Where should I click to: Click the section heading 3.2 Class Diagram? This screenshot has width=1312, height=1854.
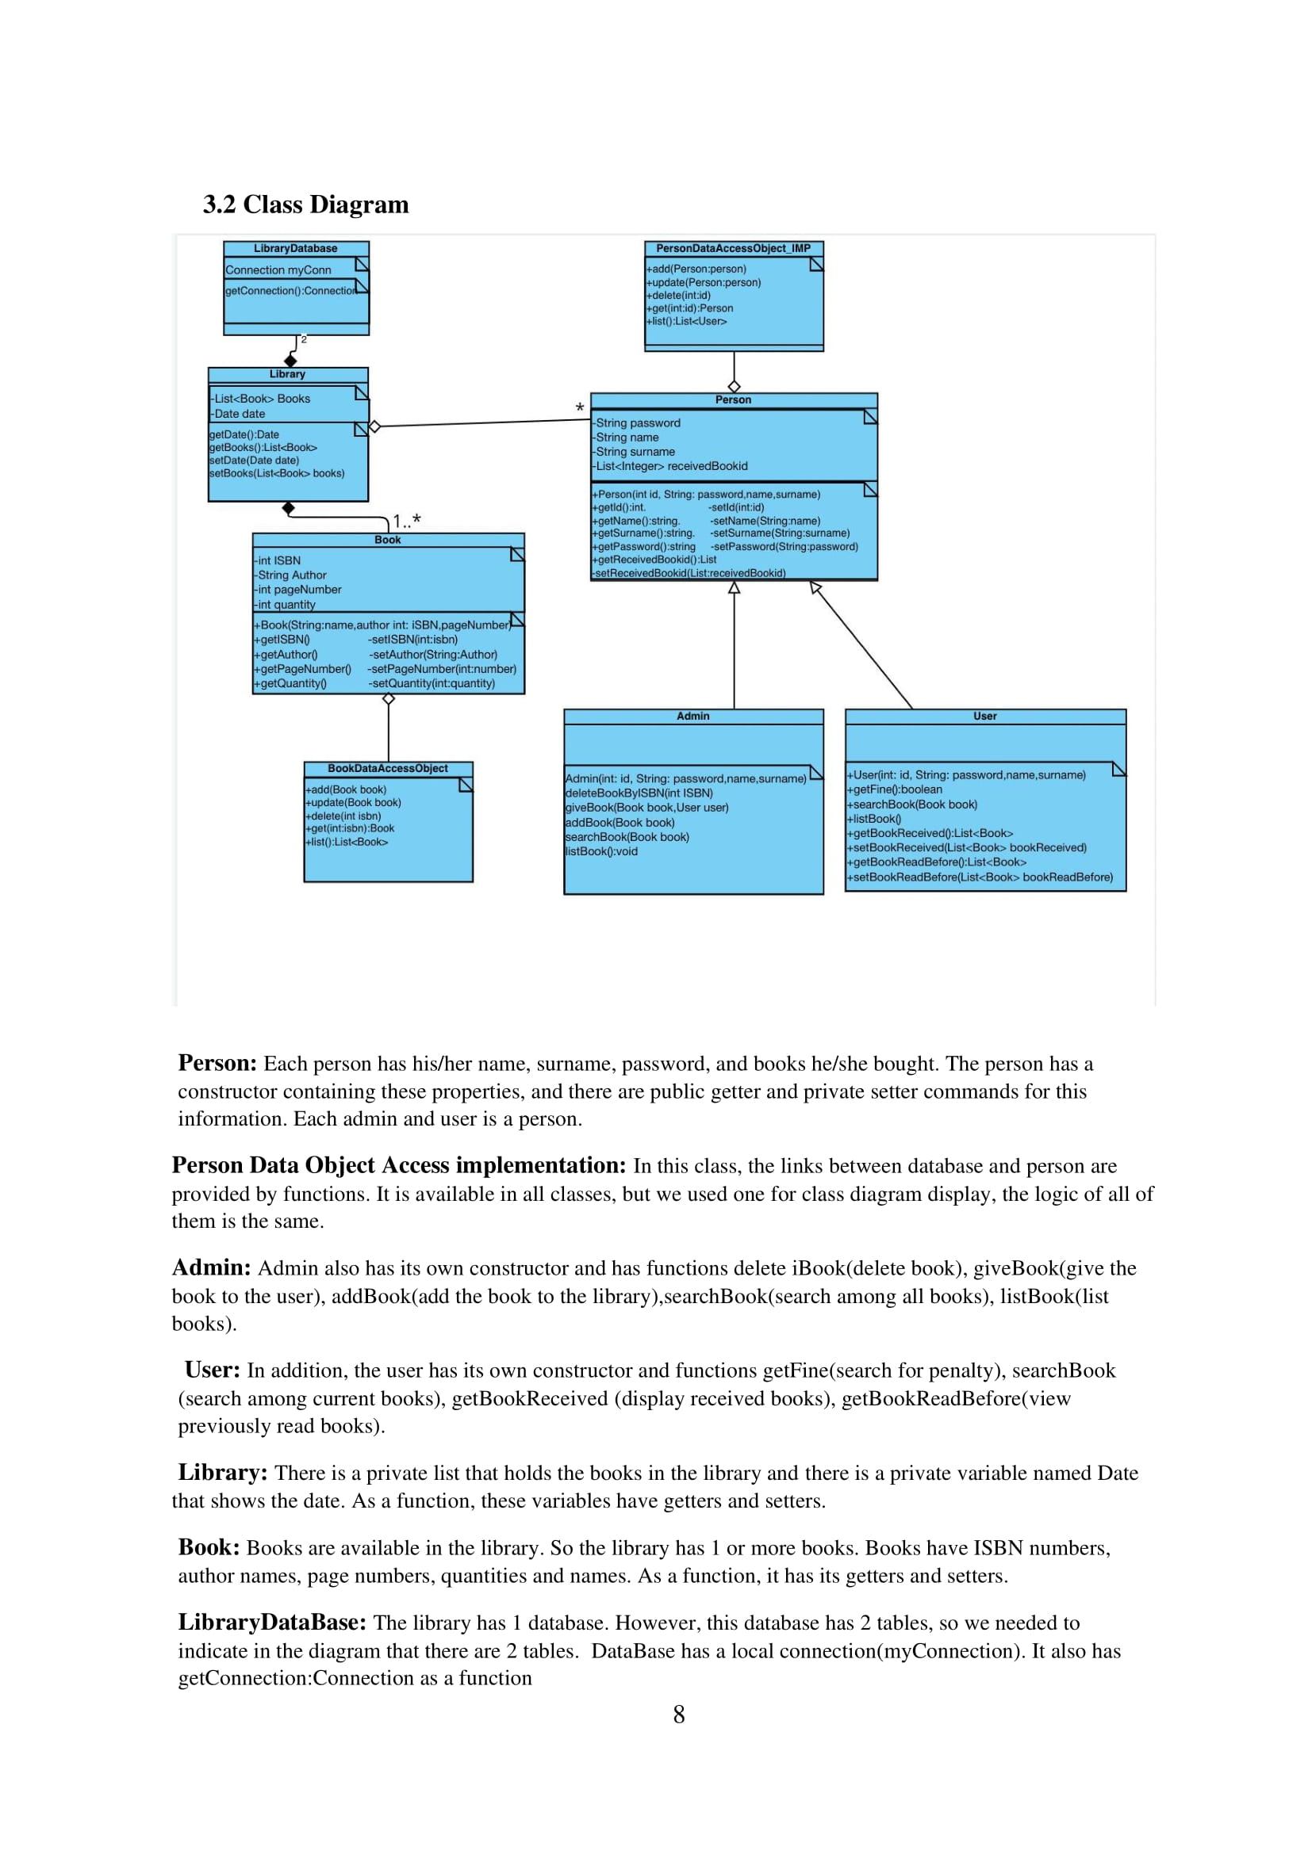(x=305, y=205)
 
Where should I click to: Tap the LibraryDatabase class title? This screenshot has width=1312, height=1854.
(x=296, y=249)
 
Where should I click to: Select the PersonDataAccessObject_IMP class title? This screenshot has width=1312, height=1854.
(x=733, y=249)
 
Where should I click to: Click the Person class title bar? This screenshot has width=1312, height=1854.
(x=733, y=399)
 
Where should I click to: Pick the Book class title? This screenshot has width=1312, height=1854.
(x=388, y=541)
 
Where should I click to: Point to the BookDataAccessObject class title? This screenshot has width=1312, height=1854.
(x=388, y=769)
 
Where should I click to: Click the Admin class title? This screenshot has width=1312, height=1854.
(x=693, y=717)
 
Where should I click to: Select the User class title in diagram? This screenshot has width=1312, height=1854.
(x=985, y=717)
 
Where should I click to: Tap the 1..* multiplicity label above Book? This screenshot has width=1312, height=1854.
(x=406, y=521)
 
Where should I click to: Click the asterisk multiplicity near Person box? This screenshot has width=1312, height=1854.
(x=579, y=408)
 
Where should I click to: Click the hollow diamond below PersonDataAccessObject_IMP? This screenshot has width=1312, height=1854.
(x=734, y=387)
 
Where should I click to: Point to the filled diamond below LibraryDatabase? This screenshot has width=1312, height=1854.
(x=290, y=361)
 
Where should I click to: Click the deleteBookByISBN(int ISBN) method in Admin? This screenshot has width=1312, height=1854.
(x=639, y=793)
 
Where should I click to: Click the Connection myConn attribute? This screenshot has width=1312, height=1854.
(x=278, y=270)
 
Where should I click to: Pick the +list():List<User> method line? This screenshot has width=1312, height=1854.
(x=688, y=321)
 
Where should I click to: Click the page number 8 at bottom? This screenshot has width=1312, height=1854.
(x=679, y=1715)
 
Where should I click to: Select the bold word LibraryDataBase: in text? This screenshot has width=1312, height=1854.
(x=272, y=1623)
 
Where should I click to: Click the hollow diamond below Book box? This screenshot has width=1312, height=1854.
(x=389, y=699)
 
